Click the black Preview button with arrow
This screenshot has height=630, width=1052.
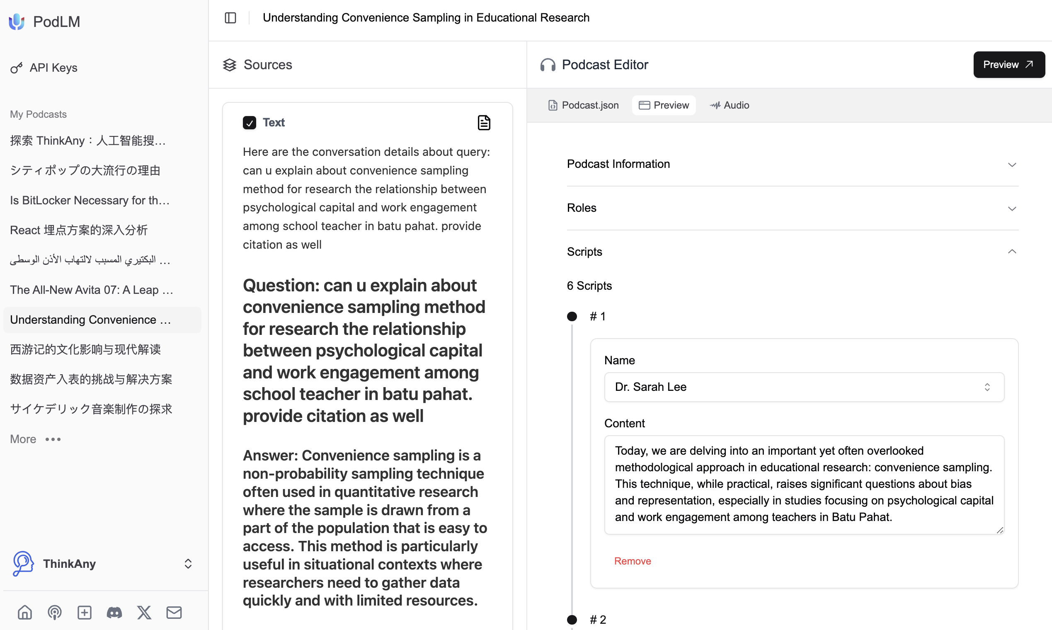point(1008,65)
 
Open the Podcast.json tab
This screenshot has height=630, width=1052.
point(583,105)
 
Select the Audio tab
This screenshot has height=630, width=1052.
point(730,105)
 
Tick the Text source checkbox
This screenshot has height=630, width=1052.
point(249,123)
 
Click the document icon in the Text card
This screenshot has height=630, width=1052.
point(484,123)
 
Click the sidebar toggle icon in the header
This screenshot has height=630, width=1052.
point(230,18)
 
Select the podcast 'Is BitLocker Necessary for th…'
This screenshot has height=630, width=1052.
point(90,200)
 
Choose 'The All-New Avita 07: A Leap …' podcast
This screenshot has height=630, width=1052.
point(91,290)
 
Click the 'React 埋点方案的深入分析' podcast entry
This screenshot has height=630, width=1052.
point(78,230)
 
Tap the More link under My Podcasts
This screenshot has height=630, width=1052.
point(23,439)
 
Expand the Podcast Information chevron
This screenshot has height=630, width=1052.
point(1012,165)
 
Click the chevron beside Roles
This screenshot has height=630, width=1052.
point(1012,208)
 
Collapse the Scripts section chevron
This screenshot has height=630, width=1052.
point(1012,252)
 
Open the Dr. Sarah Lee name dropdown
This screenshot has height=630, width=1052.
point(804,387)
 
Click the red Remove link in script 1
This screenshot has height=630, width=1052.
point(632,561)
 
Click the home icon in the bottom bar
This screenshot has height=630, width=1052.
point(24,613)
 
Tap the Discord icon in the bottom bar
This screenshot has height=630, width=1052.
point(114,613)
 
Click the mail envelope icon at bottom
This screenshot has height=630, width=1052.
point(174,613)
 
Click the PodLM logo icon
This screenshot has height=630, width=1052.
point(17,22)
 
